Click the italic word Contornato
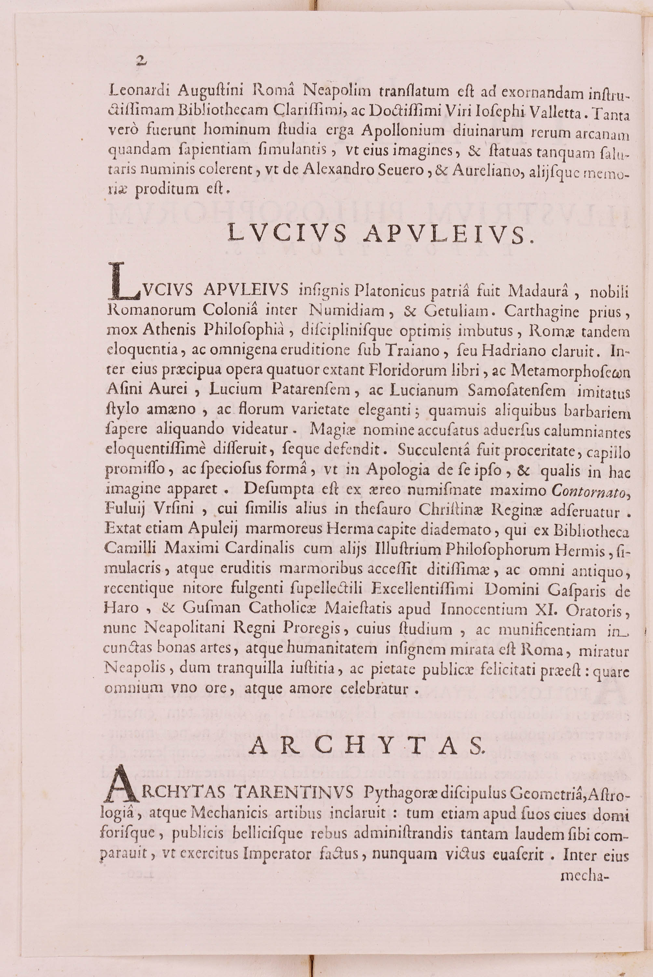point(588,491)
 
